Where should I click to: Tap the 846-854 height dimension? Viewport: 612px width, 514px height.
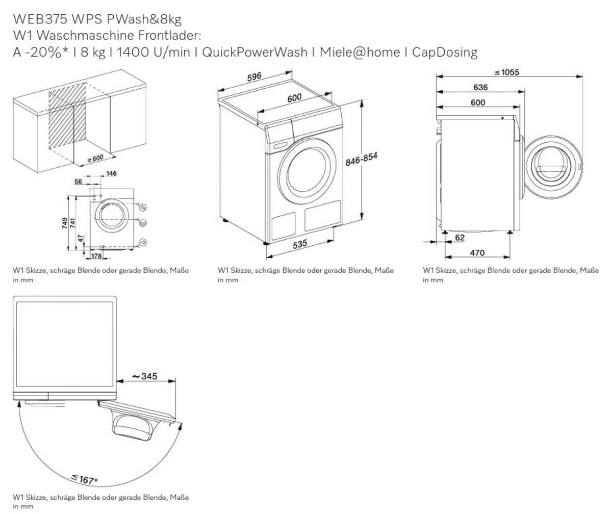point(362,160)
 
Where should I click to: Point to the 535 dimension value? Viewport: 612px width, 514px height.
point(300,245)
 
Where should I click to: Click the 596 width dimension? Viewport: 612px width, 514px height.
point(254,78)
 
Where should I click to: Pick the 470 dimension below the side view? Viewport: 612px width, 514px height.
point(477,253)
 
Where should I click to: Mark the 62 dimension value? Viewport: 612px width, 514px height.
point(460,238)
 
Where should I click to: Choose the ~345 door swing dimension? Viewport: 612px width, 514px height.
point(145,377)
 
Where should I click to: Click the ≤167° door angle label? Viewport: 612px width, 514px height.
point(84,480)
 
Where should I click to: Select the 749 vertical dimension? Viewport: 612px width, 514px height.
point(65,223)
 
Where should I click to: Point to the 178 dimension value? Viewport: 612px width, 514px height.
point(96,256)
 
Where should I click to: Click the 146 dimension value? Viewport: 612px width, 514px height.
point(111,174)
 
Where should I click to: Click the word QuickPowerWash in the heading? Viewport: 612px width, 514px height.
point(254,52)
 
